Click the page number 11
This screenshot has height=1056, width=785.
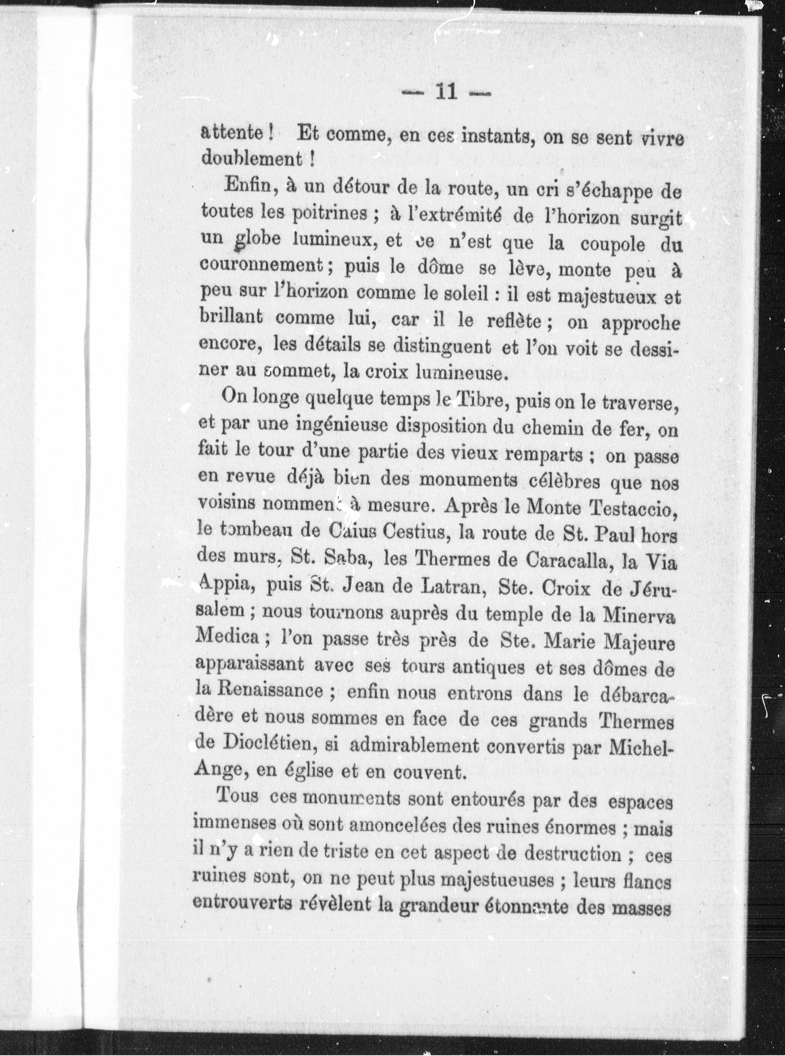click(446, 92)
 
